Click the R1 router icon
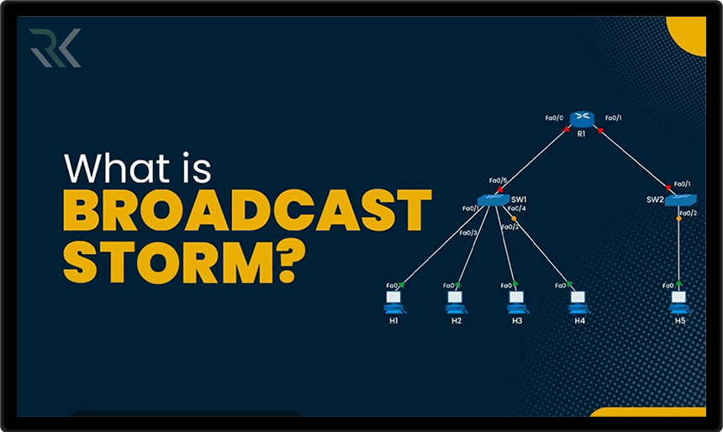coord(581,119)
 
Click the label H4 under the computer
coord(579,321)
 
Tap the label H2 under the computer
coord(456,321)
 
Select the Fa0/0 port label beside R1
coord(553,118)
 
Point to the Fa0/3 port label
coord(467,233)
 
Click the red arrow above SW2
coord(668,187)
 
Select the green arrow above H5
coord(678,283)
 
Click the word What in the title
coord(117,168)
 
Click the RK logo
coord(54,48)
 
